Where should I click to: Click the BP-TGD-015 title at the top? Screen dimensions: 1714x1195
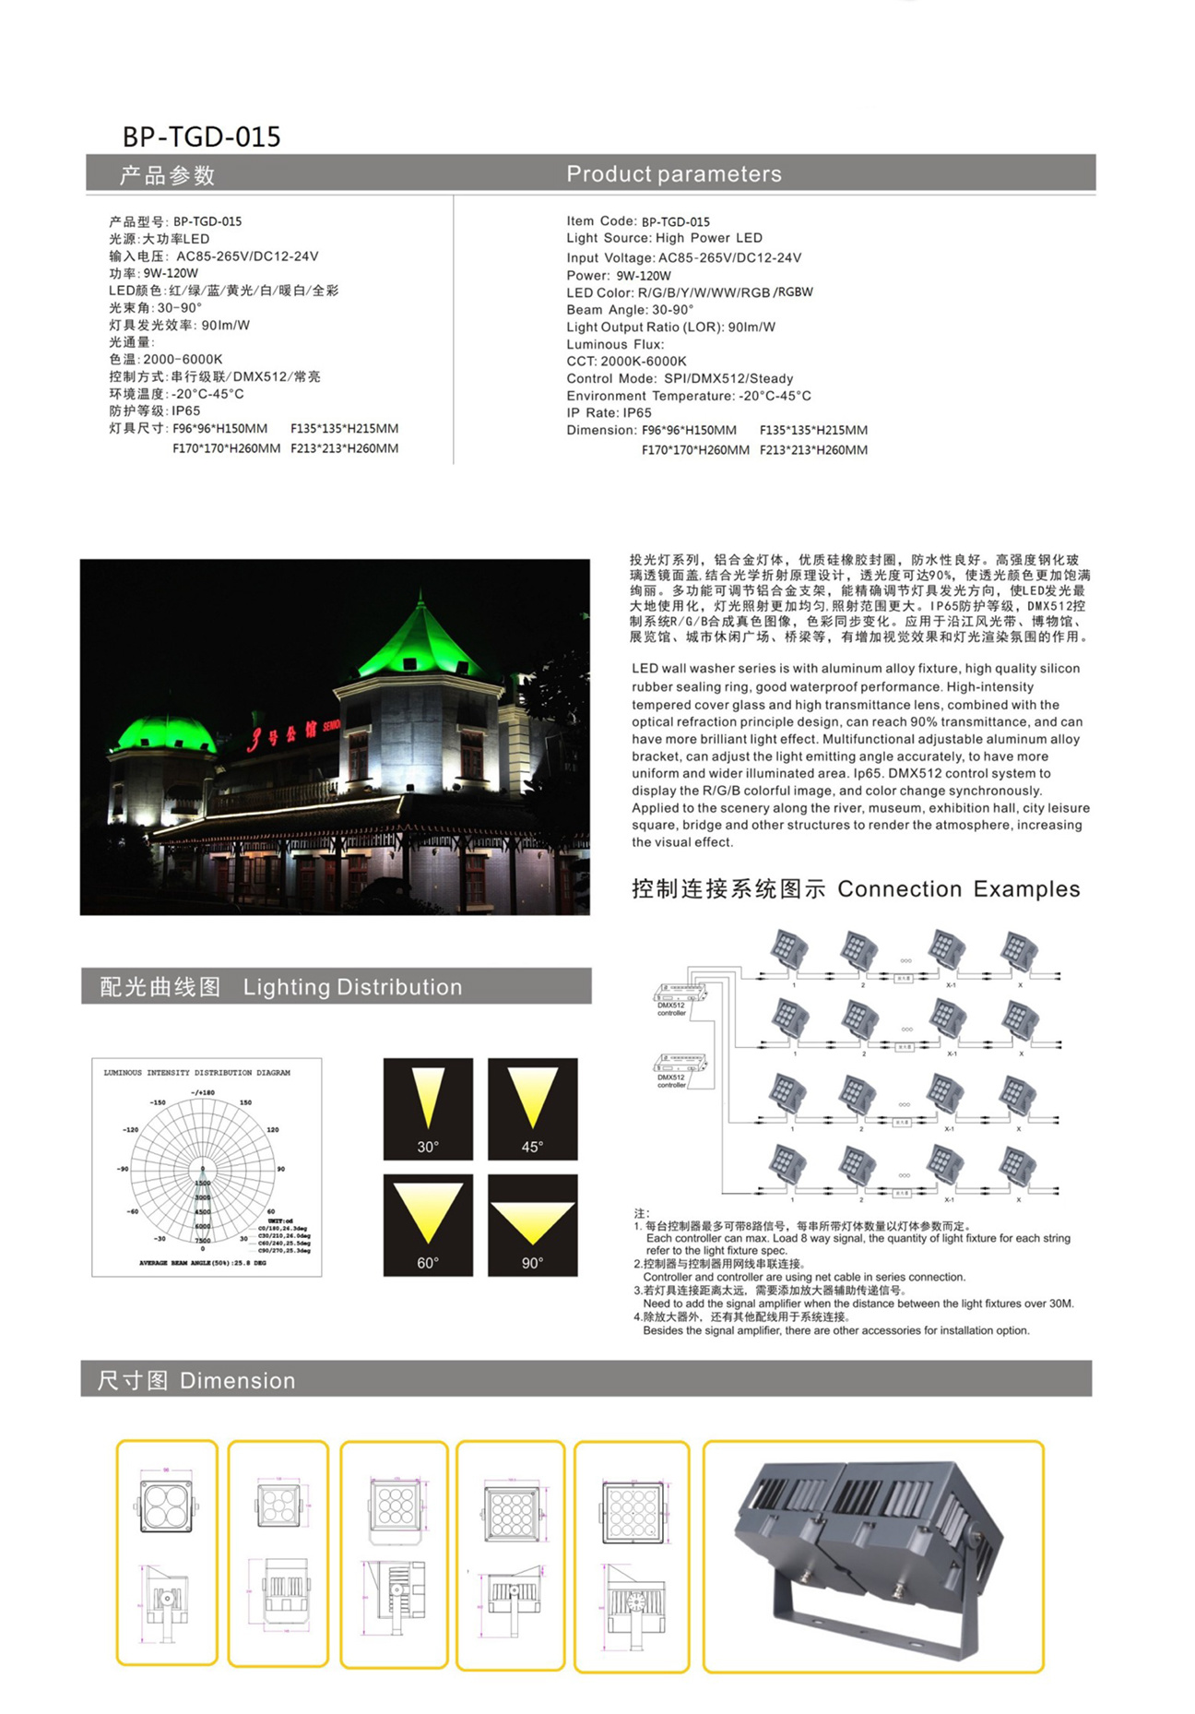201,137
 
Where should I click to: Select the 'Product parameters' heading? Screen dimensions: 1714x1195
673,173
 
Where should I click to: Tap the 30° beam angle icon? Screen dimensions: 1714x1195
428,1108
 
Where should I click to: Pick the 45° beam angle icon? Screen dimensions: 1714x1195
532,1108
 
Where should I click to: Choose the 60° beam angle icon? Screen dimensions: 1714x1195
428,1224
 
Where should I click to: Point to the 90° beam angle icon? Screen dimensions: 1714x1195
532,1224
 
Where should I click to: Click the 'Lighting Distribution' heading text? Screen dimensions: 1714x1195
352,987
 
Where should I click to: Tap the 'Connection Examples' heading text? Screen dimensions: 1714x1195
958,889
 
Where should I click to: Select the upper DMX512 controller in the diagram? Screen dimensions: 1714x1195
680,993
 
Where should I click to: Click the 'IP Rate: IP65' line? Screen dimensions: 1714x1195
609,413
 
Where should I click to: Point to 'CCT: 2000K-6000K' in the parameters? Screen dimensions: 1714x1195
626,362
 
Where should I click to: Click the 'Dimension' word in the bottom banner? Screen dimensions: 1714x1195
237,1381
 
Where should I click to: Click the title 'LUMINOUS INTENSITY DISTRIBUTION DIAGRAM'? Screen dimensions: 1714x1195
196,1073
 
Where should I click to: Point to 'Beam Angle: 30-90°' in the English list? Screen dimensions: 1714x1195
630,310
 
